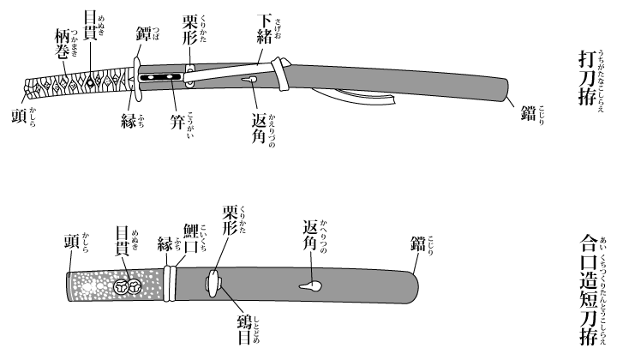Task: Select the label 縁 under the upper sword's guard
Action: [129, 119]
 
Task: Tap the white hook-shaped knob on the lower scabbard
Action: [306, 285]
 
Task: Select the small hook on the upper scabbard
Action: [250, 81]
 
